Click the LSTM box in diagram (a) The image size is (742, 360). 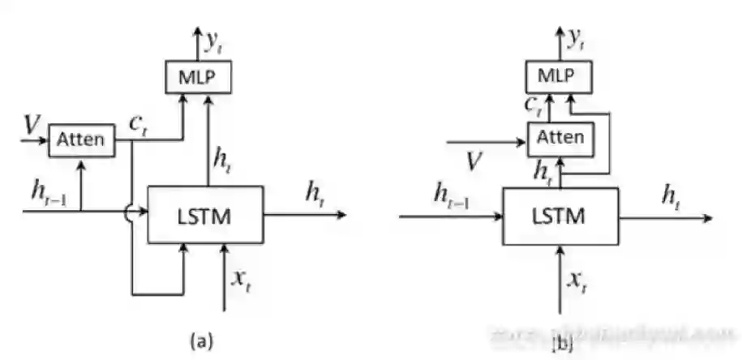205,214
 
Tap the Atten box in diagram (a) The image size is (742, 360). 81,139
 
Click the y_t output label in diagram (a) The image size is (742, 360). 215,39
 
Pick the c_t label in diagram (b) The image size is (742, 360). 531,105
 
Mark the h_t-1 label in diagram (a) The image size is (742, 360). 44,193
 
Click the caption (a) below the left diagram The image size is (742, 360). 200,339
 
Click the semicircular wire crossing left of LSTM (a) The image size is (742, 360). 129,213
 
